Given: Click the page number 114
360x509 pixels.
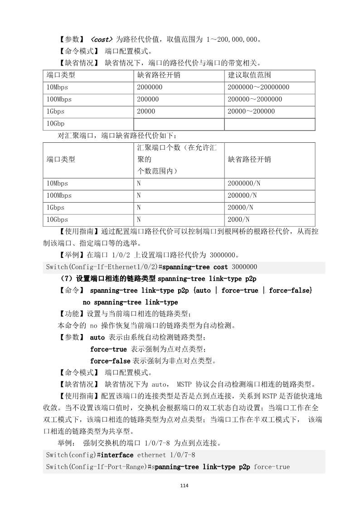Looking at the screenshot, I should [x=184, y=486].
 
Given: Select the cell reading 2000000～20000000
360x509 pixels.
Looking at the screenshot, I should [x=258, y=87].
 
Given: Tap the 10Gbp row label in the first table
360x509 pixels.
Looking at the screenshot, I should [x=55, y=123].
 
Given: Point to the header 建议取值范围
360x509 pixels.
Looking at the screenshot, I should [x=249, y=75].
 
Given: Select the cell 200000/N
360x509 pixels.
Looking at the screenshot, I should [x=242, y=196].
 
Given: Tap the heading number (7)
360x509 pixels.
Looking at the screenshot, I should [x=68, y=278].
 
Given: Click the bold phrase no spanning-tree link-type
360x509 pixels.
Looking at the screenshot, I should [x=130, y=302].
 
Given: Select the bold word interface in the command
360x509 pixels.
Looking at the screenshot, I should [x=117, y=455].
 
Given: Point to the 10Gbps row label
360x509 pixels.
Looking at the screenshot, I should [x=57, y=220].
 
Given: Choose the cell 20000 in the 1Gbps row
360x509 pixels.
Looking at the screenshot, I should [x=146, y=111].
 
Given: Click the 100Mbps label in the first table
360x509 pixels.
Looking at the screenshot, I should [x=59, y=99].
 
